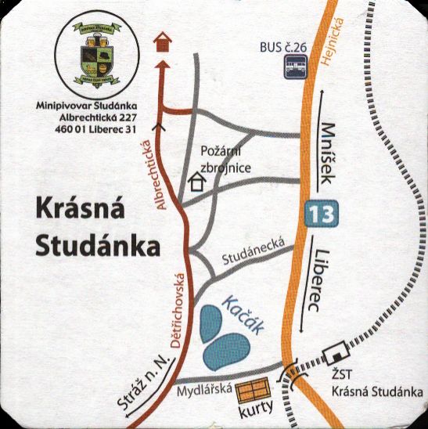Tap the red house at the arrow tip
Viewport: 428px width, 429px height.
[x=163, y=41]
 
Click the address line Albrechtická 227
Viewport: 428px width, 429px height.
[x=105, y=117]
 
